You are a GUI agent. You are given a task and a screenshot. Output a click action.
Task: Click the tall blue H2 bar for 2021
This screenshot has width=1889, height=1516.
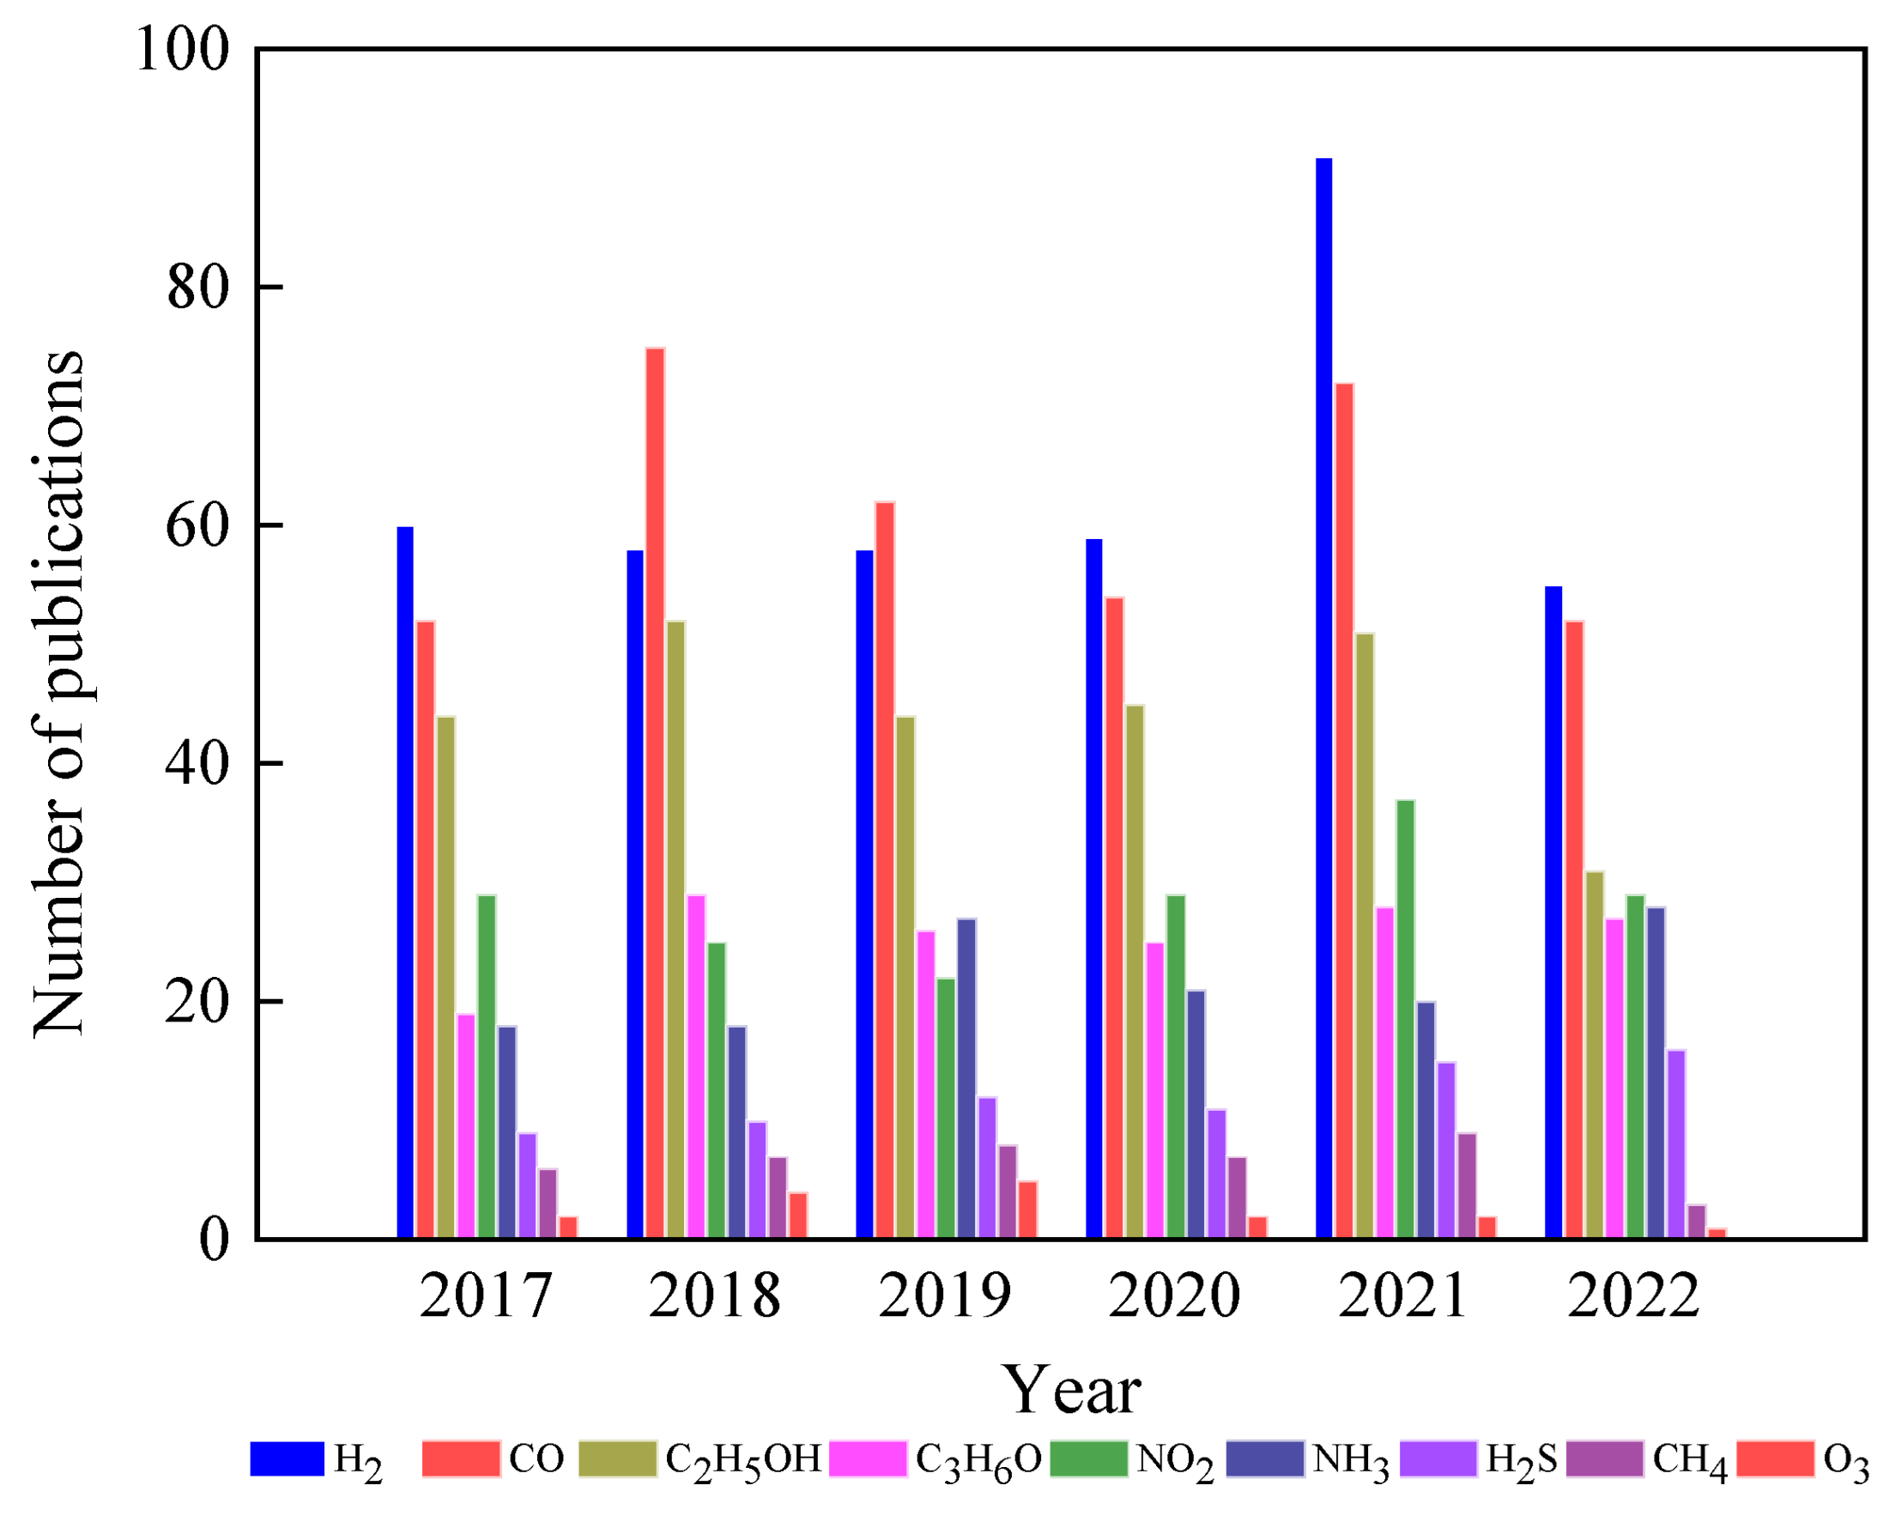[1324, 701]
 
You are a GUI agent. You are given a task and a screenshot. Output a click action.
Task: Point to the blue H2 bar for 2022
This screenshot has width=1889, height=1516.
[1553, 913]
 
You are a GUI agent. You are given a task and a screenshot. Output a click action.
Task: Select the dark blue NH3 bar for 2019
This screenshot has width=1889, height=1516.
[966, 1079]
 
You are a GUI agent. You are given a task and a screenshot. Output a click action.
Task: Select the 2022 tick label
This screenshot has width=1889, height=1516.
[1633, 1296]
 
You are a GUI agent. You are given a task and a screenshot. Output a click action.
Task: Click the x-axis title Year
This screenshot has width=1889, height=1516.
[1072, 1390]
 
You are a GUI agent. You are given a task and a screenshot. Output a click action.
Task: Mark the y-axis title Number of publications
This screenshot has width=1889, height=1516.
[59, 692]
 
